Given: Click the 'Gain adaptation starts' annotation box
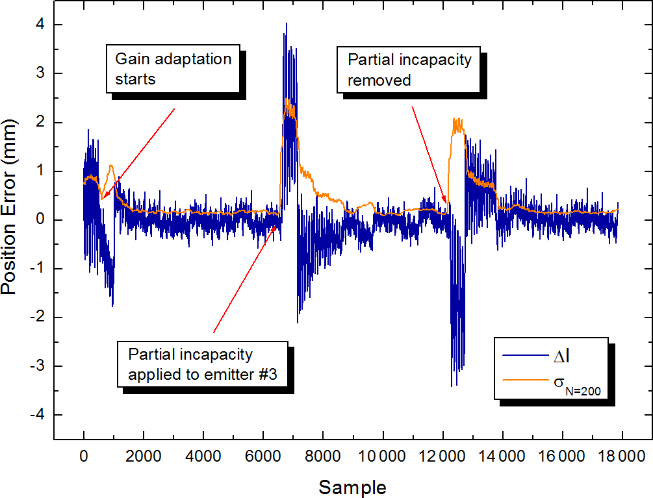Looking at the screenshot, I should click(173, 69).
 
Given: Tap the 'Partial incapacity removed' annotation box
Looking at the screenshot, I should click(409, 70).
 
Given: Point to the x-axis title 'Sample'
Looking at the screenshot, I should click(352, 487).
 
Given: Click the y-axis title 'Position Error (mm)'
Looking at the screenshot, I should click(10, 220).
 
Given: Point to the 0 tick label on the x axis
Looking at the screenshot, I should click(84, 456).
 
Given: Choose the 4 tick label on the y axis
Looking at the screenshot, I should click(39, 25).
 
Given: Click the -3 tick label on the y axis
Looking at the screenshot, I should click(36, 366).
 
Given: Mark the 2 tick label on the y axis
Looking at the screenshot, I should click(39, 122).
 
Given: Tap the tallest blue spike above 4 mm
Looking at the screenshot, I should click(286, 24).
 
